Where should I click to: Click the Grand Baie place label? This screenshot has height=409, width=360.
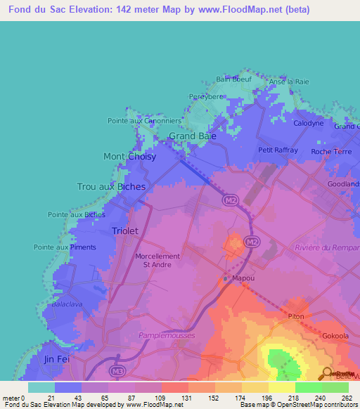coord(192,136)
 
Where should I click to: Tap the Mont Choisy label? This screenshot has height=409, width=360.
coord(130,157)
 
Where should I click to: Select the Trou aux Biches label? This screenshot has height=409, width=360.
coord(111,187)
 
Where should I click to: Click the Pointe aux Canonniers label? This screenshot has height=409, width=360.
coord(144,121)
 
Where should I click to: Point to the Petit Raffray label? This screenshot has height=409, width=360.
coord(278,150)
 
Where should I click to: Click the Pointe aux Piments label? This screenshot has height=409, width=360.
coord(65,247)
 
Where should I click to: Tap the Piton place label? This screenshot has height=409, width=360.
coord(295,316)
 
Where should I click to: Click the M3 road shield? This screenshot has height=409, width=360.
coord(117,370)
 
